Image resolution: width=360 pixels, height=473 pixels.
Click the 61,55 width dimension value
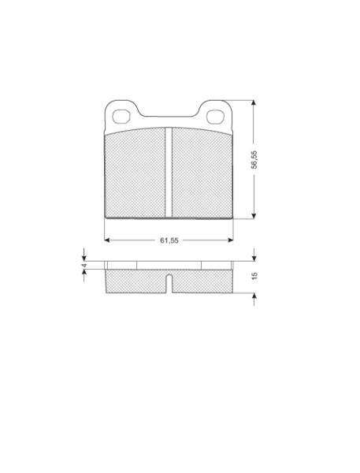coord(169,240)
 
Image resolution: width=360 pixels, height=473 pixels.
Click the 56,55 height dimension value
coord(254,159)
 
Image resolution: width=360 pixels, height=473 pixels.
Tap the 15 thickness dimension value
coord(254,276)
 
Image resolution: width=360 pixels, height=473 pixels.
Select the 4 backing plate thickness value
coord(85,266)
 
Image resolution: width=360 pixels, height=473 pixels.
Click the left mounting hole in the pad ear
coord(121,117)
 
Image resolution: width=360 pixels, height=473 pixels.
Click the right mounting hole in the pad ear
coord(215,117)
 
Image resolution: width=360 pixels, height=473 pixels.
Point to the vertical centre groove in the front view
coord(169,172)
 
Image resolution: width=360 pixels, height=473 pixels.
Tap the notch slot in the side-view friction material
coord(169,284)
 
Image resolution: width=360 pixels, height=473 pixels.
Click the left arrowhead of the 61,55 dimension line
coord(106,240)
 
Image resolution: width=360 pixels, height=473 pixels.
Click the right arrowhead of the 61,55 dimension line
coord(231,240)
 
